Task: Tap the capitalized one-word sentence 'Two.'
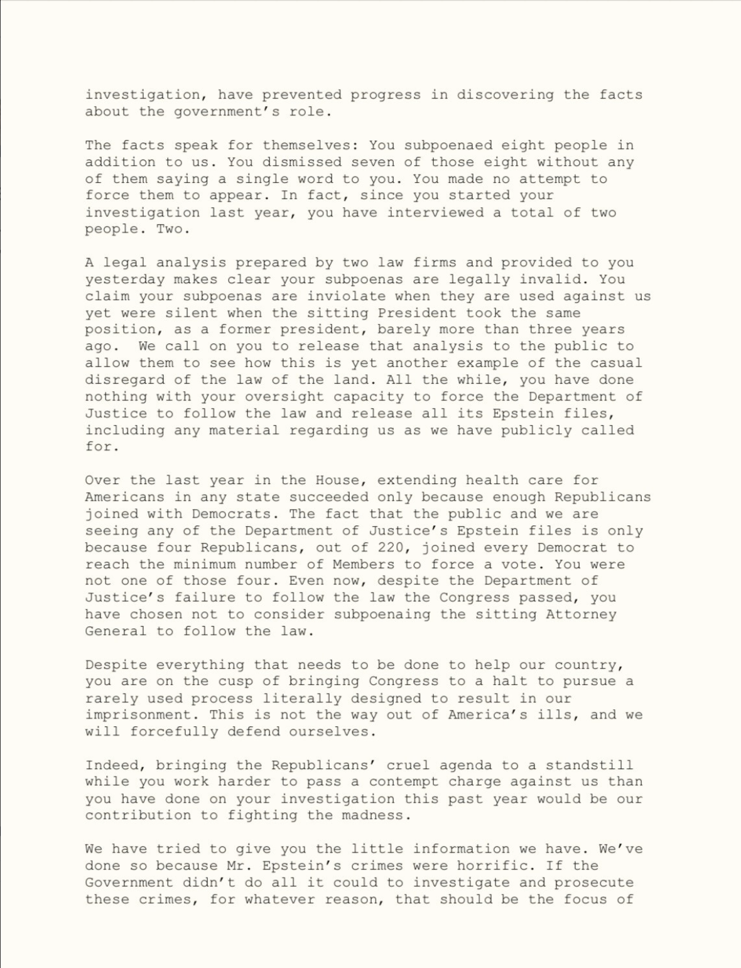pos(174,229)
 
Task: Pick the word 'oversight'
pos(284,397)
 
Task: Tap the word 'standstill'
pos(590,765)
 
